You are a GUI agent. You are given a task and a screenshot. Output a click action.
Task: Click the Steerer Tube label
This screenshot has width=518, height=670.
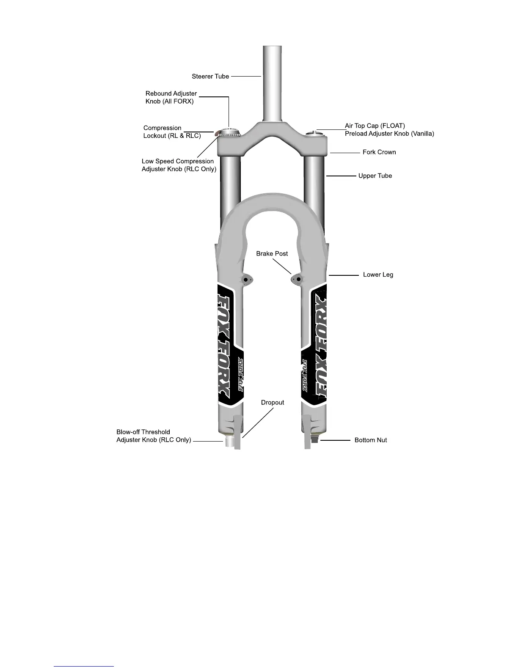pyautogui.click(x=210, y=77)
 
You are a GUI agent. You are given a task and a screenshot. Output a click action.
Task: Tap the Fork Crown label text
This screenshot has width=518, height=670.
pyautogui.click(x=379, y=152)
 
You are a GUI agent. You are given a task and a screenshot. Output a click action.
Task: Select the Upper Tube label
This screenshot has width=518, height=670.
pyautogui.click(x=375, y=176)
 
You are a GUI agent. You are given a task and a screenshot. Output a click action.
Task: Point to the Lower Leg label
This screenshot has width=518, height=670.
pyautogui.click(x=378, y=275)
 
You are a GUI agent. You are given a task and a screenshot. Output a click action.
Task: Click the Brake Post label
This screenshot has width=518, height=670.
pyautogui.click(x=272, y=254)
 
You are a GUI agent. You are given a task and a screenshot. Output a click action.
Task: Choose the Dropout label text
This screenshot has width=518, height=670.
pyautogui.click(x=272, y=403)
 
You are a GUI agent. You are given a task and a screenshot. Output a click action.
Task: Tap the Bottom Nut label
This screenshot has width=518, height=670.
pyautogui.click(x=370, y=440)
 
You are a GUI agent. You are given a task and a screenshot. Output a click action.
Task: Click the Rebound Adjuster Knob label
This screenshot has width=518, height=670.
pyautogui.click(x=171, y=97)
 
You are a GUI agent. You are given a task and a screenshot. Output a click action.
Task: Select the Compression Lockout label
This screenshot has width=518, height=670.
pyautogui.click(x=172, y=132)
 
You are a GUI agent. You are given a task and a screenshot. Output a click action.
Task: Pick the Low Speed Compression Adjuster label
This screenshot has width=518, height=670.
pyautogui.click(x=179, y=165)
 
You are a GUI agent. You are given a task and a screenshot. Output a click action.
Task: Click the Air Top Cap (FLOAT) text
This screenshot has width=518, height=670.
pyautogui.click(x=375, y=126)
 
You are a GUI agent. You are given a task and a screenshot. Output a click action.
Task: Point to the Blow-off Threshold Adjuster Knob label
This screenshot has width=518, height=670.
pyautogui.click(x=154, y=436)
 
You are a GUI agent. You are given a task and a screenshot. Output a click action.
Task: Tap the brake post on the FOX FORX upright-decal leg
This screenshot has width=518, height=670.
pyautogui.click(x=246, y=279)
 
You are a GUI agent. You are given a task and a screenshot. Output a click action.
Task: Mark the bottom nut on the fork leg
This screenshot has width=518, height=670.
pyautogui.click(x=314, y=440)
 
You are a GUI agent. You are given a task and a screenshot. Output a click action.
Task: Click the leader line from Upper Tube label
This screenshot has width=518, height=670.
pyautogui.click(x=341, y=176)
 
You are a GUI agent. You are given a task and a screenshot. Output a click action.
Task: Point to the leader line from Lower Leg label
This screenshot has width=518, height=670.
pyautogui.click(x=344, y=275)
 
